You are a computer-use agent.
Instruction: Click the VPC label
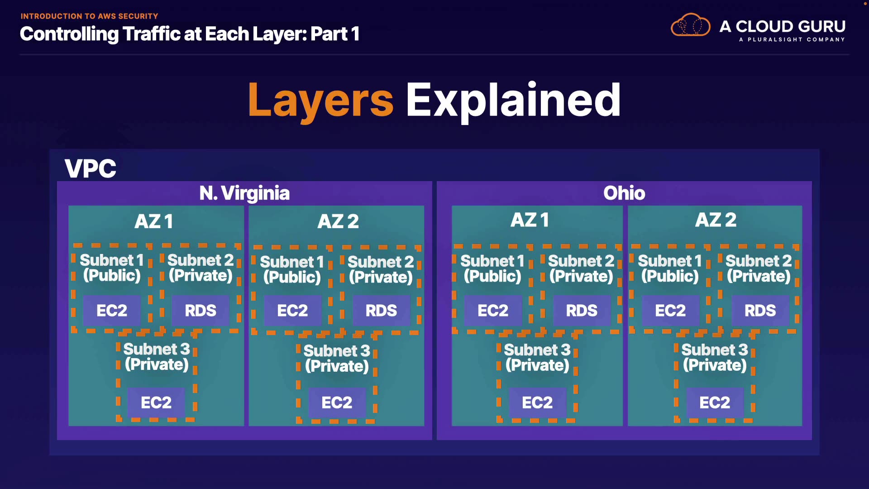(91, 168)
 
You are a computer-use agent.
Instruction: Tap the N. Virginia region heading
(244, 193)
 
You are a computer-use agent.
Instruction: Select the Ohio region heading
(624, 193)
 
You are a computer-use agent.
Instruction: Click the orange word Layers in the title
(320, 101)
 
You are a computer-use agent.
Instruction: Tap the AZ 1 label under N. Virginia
(154, 221)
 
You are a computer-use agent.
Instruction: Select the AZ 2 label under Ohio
(716, 220)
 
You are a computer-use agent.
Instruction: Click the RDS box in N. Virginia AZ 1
(201, 311)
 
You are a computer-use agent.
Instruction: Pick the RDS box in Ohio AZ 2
(760, 311)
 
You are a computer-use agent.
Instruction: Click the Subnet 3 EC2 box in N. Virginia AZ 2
(337, 403)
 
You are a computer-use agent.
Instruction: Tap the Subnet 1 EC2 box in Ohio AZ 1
(493, 311)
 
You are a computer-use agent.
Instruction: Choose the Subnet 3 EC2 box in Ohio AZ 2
(715, 403)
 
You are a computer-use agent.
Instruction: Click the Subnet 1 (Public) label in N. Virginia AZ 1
(112, 268)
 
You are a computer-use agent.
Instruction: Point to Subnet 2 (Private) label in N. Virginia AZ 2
(381, 270)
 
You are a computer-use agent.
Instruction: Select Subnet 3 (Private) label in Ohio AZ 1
(537, 358)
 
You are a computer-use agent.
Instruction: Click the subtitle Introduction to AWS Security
(89, 16)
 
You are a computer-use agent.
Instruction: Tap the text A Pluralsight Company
(792, 39)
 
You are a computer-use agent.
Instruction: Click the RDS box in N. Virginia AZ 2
(381, 311)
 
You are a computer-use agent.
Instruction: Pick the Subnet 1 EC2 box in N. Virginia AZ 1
(112, 311)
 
